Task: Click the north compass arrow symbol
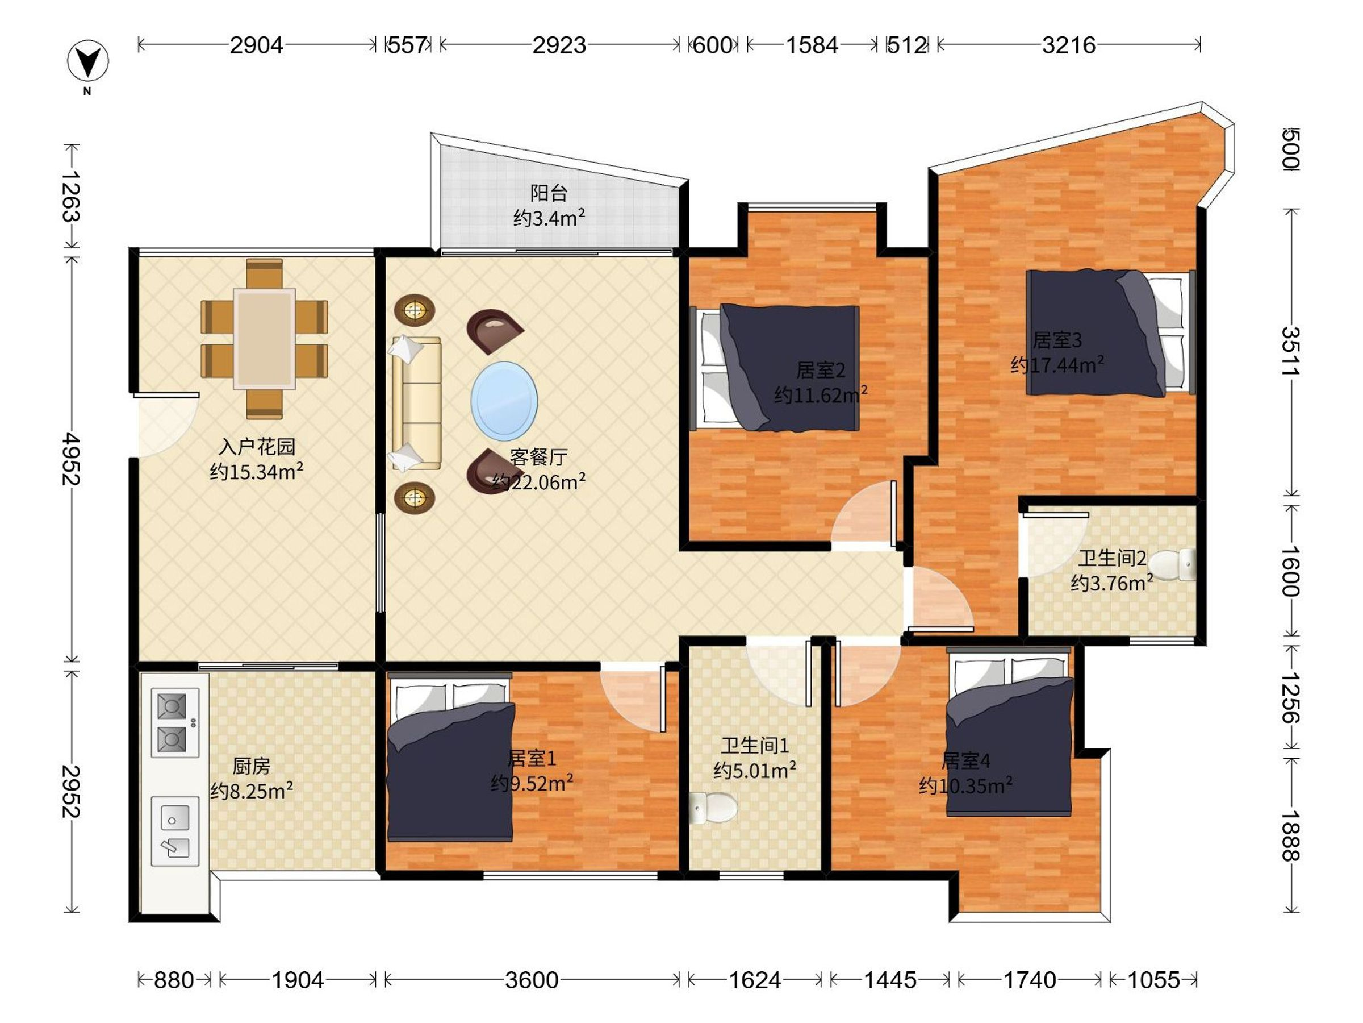(x=88, y=61)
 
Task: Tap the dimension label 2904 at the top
(x=256, y=45)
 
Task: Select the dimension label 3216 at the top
(x=1068, y=45)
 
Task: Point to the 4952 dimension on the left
(x=72, y=458)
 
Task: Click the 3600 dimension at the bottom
(x=531, y=979)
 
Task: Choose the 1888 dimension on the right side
(x=1290, y=835)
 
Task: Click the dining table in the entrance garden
(x=264, y=339)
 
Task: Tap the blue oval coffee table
(x=504, y=401)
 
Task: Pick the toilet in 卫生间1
(x=713, y=808)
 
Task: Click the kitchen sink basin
(x=175, y=830)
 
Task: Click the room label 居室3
(x=1057, y=340)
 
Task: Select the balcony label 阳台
(x=549, y=193)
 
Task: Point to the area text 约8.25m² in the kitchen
(x=252, y=791)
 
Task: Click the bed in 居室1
(x=450, y=758)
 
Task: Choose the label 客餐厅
(x=538, y=457)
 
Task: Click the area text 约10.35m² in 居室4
(x=965, y=785)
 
